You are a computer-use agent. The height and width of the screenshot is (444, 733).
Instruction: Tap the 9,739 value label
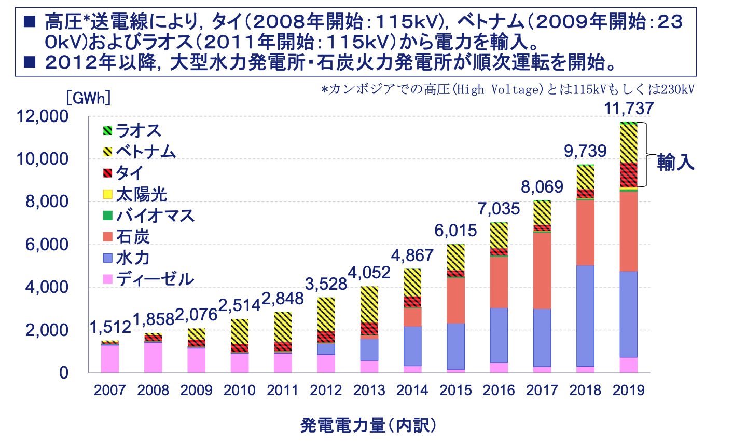(585, 151)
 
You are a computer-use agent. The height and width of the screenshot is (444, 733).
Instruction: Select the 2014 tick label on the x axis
(413, 391)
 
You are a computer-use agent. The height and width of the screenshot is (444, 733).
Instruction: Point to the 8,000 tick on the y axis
(47, 202)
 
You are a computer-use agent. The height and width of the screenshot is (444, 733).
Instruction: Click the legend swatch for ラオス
(108, 131)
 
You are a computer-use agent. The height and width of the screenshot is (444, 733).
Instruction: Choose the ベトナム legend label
(146, 152)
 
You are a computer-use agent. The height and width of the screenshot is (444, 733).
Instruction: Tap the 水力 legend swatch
(108, 258)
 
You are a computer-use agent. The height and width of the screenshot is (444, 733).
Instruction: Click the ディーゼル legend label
(155, 279)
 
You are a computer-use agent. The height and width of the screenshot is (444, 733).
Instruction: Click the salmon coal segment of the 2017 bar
(542, 270)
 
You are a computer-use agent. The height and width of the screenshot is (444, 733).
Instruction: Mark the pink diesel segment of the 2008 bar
(153, 357)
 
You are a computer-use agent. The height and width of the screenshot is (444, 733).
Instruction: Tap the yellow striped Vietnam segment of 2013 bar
(369, 304)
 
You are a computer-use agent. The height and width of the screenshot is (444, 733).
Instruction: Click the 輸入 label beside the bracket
(675, 162)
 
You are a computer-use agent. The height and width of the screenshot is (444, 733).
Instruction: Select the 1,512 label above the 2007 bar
(110, 328)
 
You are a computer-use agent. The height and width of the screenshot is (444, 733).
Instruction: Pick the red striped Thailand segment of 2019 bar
(629, 175)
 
